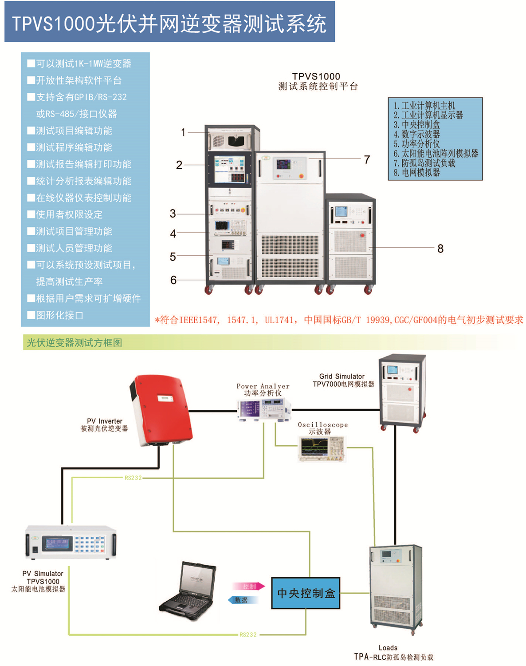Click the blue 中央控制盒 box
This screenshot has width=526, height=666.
click(x=306, y=593)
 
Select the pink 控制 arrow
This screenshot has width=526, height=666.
click(x=248, y=587)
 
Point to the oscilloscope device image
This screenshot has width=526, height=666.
click(x=322, y=448)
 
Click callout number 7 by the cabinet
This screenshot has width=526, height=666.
click(x=367, y=160)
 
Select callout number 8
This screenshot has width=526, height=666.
click(x=440, y=249)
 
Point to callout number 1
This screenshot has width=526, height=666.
click(x=183, y=132)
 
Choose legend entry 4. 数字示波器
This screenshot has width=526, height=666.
click(x=416, y=134)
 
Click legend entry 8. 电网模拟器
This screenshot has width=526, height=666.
click(x=416, y=173)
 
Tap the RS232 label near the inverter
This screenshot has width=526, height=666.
click(x=133, y=478)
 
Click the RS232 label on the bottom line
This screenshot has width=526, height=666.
click(x=248, y=634)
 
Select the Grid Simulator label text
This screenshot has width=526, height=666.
click(x=342, y=377)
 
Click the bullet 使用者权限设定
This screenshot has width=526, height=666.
click(x=69, y=214)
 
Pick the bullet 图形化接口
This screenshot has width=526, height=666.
click(x=60, y=315)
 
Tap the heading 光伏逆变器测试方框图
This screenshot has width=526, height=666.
click(x=75, y=343)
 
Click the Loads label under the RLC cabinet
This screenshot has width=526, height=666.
click(x=388, y=648)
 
